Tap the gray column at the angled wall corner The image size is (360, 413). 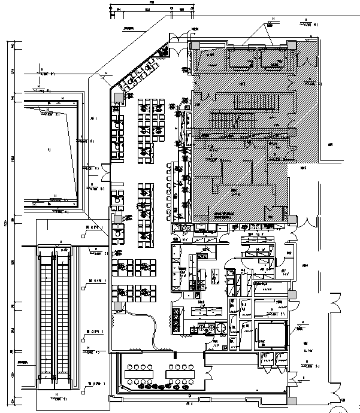pyautogui.click(x=119, y=95)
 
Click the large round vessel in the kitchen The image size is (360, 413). pyautogui.click(x=221, y=327)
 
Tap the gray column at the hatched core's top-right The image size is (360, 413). pyautogui.click(x=291, y=46)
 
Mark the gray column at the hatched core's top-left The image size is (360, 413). pyautogui.click(x=195, y=46)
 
